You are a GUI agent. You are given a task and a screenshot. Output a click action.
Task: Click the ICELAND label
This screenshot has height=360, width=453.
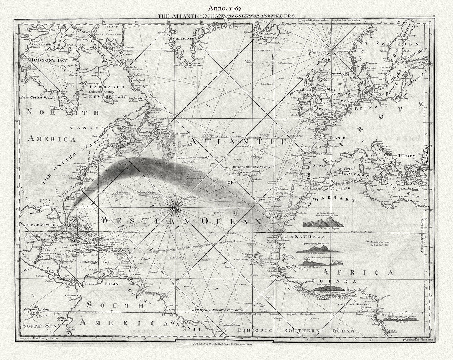coord(268,34)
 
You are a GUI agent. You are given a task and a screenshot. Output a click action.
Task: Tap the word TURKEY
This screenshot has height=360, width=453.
coord(407,156)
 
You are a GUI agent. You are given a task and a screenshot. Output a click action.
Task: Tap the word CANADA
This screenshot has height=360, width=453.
coord(87,127)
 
